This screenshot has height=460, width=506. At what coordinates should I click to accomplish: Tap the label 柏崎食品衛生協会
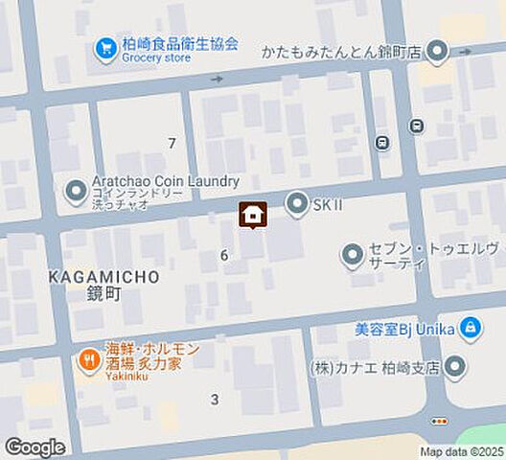[180, 44]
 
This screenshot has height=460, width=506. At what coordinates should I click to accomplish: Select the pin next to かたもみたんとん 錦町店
[437, 51]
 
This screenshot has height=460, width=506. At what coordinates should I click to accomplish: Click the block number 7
[172, 144]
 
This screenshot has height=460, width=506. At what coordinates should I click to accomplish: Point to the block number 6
[224, 255]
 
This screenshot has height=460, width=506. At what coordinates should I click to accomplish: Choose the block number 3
[215, 399]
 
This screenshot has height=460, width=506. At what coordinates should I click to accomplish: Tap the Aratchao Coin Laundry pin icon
[76, 193]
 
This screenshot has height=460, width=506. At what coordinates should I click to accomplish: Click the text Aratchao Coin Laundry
[166, 181]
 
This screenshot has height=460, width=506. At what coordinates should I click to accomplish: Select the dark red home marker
[253, 216]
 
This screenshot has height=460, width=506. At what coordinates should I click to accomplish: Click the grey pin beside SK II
[297, 203]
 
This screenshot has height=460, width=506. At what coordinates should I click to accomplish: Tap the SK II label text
[328, 204]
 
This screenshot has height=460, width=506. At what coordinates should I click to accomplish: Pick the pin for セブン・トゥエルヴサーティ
[354, 255]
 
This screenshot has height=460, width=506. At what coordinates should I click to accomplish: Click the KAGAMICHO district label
[103, 276]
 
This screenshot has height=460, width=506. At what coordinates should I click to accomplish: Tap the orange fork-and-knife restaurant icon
[90, 360]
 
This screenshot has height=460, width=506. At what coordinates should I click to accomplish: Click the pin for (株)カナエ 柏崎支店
[455, 368]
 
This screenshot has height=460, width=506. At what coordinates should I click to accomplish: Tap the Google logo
[34, 448]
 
